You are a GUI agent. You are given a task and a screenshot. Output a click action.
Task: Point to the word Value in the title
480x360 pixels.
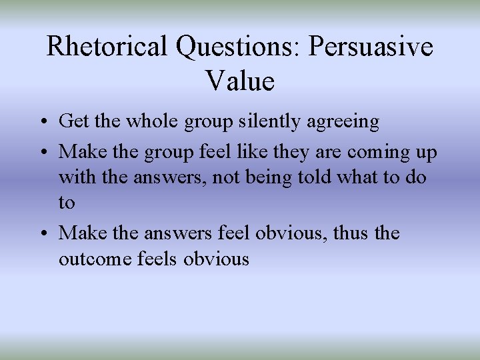coord(240,81)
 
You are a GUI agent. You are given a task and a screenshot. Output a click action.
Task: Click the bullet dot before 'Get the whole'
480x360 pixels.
coord(43,122)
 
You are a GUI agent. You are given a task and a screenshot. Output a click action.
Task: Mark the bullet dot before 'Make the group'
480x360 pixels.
coord(43,153)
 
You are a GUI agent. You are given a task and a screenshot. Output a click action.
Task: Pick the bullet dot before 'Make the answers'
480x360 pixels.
coord(43,233)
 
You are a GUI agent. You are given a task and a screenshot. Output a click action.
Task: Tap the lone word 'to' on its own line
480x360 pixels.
coord(67,203)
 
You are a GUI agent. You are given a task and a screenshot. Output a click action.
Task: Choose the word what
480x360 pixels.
coord(371,177)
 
